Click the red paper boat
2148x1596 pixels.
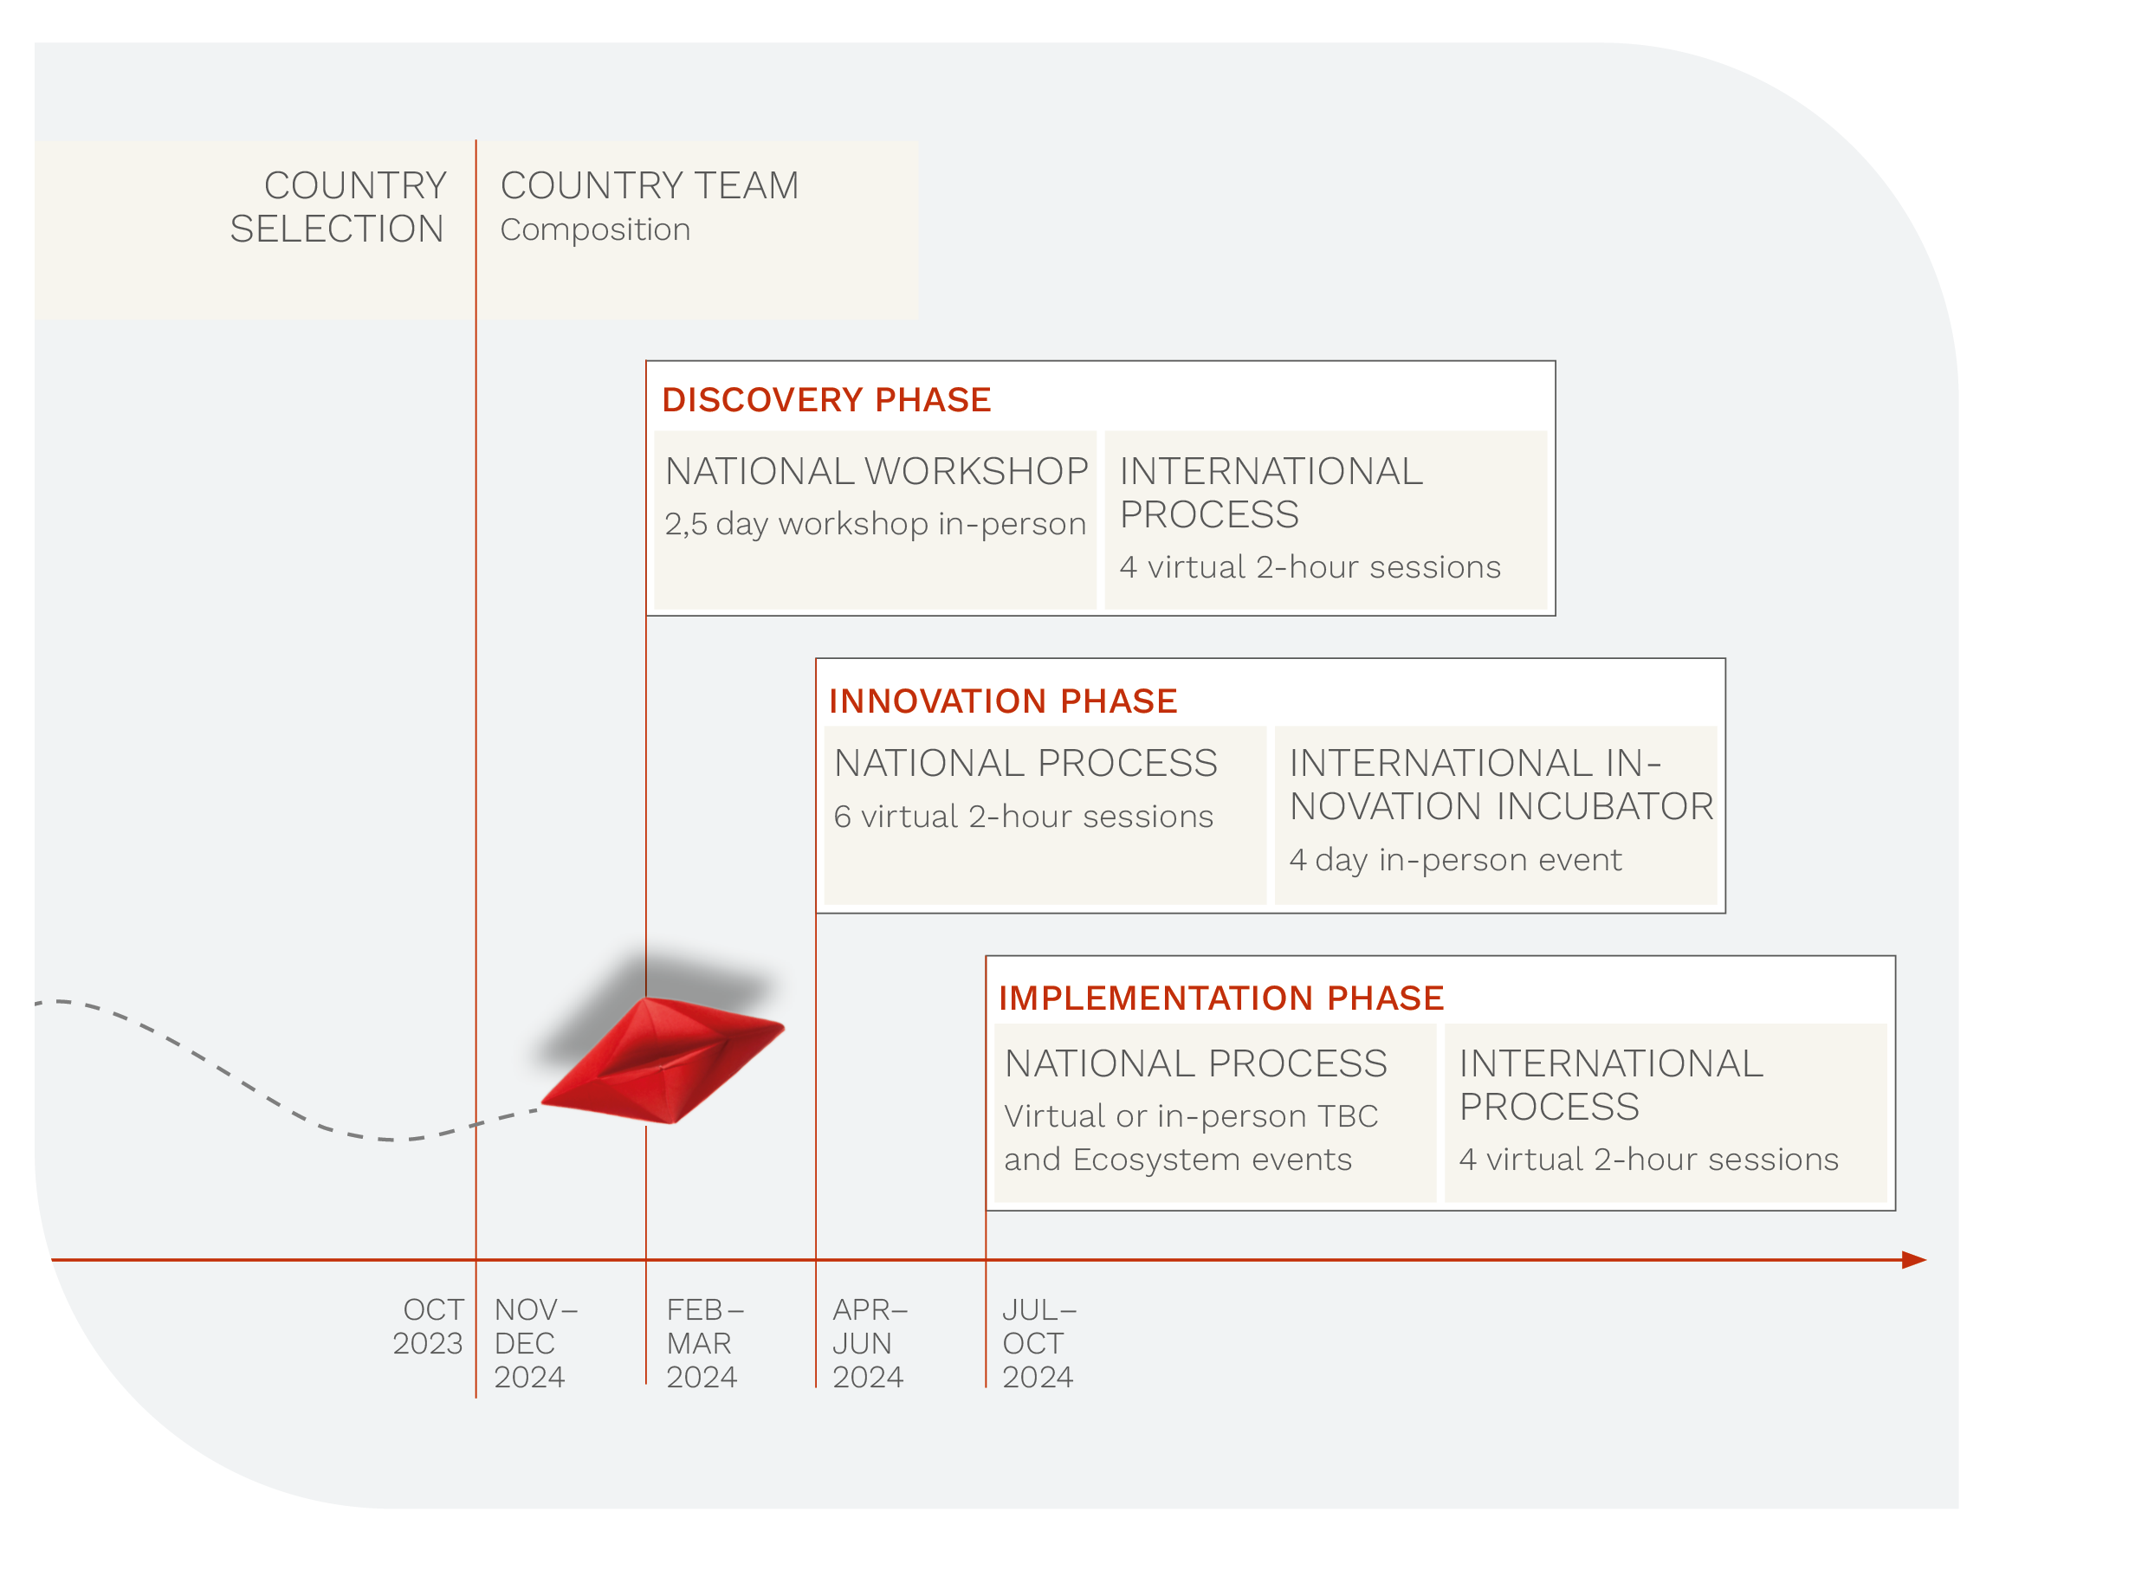coord(663,1060)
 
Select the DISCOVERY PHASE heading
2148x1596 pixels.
coord(826,400)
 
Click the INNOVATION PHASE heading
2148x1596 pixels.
coord(1003,701)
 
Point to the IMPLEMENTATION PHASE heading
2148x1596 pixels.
coord(1221,998)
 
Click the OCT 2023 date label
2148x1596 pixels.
coord(428,1327)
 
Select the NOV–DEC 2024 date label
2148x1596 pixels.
coord(536,1343)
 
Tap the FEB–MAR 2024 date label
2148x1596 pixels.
coord(704,1343)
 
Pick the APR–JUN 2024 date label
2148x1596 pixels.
coord(870,1343)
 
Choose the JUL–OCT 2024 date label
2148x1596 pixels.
coord(1038,1343)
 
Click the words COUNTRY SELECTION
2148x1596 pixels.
coord(338,207)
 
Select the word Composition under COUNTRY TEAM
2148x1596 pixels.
coord(595,230)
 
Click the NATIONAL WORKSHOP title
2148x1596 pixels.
coord(877,471)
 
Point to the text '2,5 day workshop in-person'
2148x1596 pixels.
coord(875,524)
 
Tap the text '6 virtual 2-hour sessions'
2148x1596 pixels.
coord(1023,817)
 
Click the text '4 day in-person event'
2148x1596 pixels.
coord(1455,860)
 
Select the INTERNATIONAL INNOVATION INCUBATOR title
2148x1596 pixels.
coord(1501,785)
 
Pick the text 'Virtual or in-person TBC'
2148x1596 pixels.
coord(1190,1116)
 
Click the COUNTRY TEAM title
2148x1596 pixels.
coord(650,185)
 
